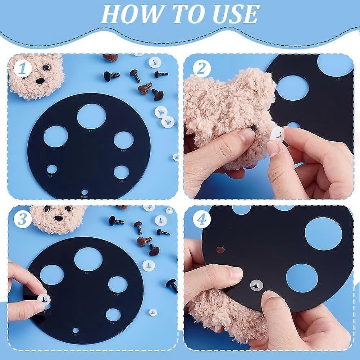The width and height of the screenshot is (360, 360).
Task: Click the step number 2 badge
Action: pos(199,68)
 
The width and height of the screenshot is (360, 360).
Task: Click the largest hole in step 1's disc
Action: pos(91,116)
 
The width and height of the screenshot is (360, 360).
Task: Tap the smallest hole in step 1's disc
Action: pos(85,192)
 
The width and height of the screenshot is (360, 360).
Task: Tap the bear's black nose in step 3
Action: pos(58,218)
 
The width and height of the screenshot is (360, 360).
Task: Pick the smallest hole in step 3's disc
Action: pos(76,330)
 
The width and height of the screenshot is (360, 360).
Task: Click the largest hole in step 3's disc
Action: pos(88,259)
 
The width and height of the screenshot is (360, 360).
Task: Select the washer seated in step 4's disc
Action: pos(256,285)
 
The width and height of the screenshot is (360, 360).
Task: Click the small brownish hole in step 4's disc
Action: pos(220,249)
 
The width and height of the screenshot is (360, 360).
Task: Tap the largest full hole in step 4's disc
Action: pos(323,233)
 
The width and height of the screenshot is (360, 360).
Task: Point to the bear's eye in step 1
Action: pos(46,68)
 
